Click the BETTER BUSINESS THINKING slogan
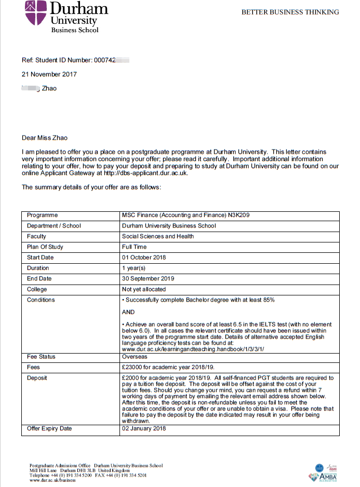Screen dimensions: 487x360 [290, 12]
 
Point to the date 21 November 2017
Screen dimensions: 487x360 [49, 74]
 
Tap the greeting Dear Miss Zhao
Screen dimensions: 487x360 [45, 138]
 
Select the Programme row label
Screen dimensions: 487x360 [43, 215]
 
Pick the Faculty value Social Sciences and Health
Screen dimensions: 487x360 [158, 236]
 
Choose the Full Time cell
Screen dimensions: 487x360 [135, 247]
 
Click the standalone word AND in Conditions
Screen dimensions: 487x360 [128, 312]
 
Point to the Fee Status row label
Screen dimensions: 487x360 [41, 357]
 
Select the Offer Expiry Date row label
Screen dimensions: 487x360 [49, 428]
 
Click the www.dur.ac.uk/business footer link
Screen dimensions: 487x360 [52, 480]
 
